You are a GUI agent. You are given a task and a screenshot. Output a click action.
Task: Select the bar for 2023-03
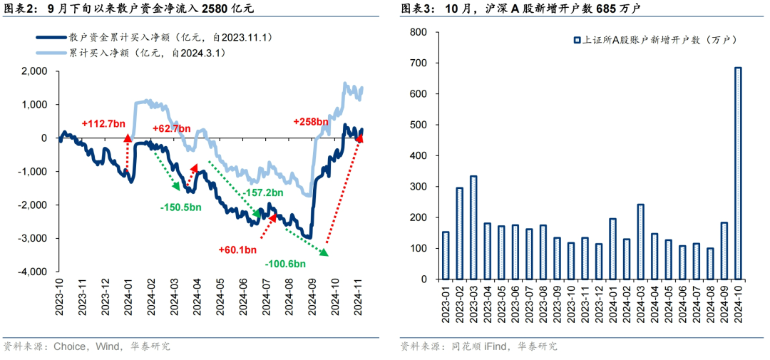pyautogui.click(x=473, y=227)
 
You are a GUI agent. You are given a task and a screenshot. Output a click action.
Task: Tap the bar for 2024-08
pyautogui.click(x=710, y=264)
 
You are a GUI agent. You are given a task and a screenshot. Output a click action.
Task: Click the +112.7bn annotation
pyautogui.click(x=103, y=123)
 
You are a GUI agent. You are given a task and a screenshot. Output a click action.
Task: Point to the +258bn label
pyautogui.click(x=311, y=122)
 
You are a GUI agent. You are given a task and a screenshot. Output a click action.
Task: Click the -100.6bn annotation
pyautogui.click(x=285, y=264)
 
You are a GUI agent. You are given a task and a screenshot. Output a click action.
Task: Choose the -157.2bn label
pyautogui.click(x=263, y=192)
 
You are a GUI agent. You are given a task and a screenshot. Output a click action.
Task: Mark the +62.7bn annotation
pyautogui.click(x=172, y=128)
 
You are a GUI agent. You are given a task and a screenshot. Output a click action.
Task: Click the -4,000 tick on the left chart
pyautogui.click(x=34, y=272)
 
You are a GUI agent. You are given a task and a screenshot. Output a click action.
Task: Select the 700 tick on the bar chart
pyautogui.click(x=419, y=63)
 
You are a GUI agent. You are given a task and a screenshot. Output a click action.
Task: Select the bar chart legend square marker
pyautogui.click(x=577, y=41)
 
